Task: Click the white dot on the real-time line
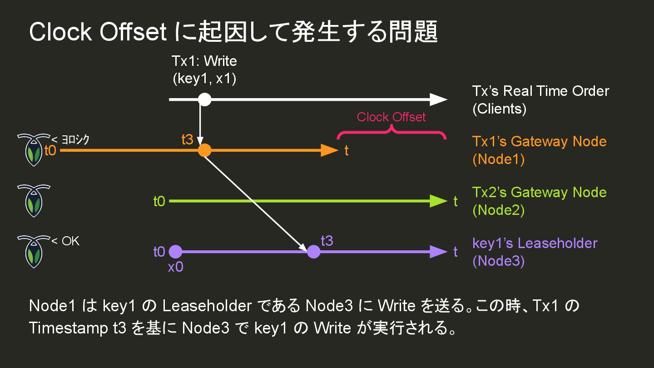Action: pyautogui.click(x=205, y=99)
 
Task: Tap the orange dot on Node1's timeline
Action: pyautogui.click(x=205, y=150)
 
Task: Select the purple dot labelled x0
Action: pyautogui.click(x=175, y=251)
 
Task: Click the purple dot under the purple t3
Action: pyautogui.click(x=313, y=251)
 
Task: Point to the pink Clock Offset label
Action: pyautogui.click(x=391, y=117)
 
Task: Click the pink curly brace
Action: pyautogui.click(x=391, y=132)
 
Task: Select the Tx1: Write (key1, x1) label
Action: pyautogui.click(x=204, y=70)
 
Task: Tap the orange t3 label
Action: pyautogui.click(x=187, y=140)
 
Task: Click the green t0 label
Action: pyautogui.click(x=159, y=201)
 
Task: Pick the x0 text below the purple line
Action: pyautogui.click(x=175, y=267)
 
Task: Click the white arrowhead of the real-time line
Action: pyautogui.click(x=438, y=99)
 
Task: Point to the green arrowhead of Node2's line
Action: pyautogui.click(x=438, y=201)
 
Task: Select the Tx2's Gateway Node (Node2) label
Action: pyautogui.click(x=539, y=201)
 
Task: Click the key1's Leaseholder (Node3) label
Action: pyautogui.click(x=535, y=252)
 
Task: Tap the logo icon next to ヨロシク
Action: pyautogui.click(x=33, y=150)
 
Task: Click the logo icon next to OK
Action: pyautogui.click(x=33, y=251)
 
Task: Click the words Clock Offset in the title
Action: pyautogui.click(x=98, y=32)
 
